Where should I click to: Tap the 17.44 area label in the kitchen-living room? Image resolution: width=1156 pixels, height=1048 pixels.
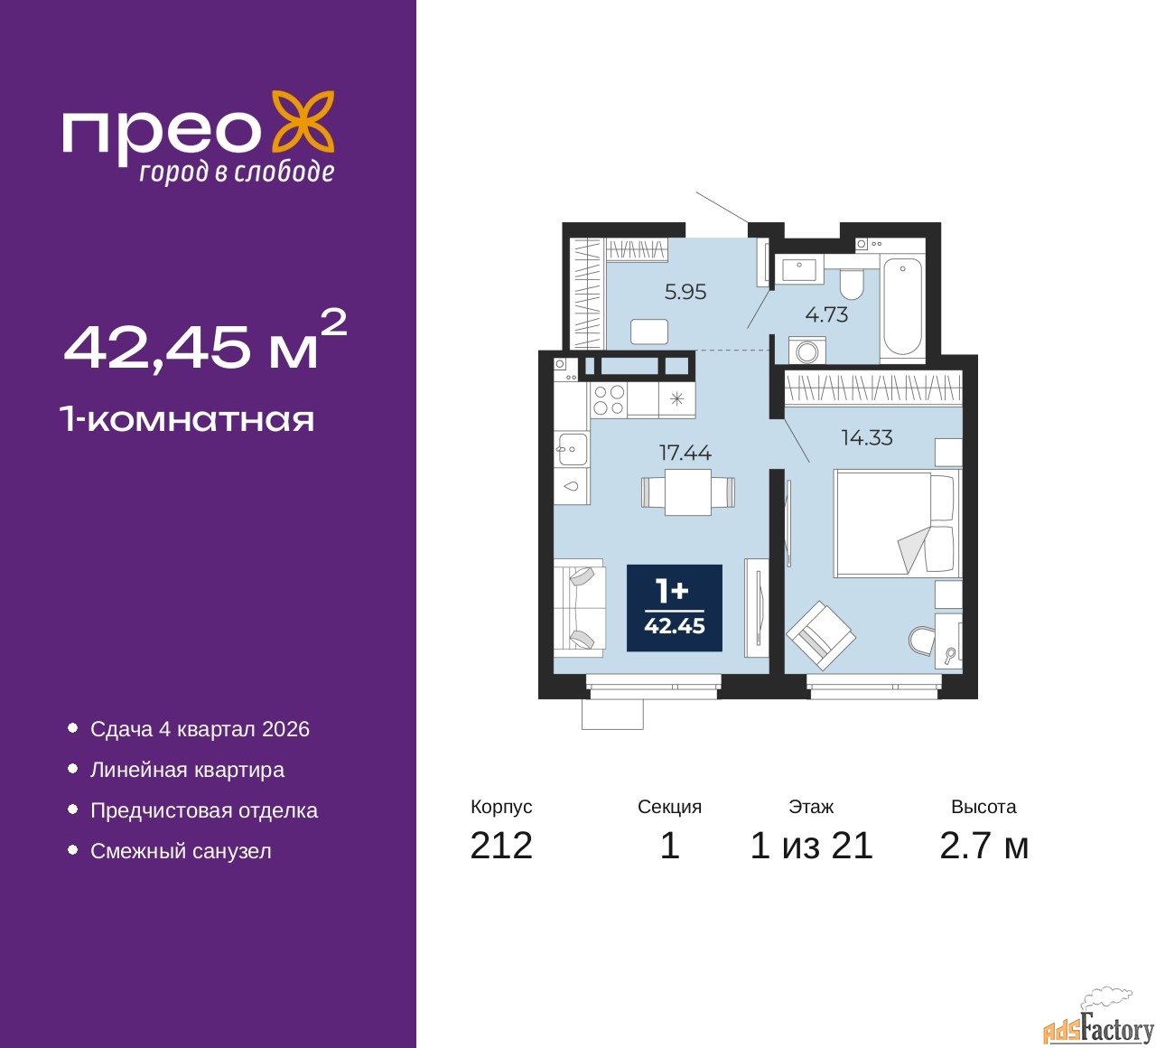click(685, 453)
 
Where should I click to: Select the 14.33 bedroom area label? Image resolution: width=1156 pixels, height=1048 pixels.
click(867, 437)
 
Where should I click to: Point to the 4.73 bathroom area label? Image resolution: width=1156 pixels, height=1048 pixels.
click(826, 314)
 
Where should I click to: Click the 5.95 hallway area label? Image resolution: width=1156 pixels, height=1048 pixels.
click(685, 292)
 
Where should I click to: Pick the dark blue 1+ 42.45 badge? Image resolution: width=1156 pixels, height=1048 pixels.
click(675, 608)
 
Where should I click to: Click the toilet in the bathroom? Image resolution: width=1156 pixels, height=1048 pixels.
click(851, 283)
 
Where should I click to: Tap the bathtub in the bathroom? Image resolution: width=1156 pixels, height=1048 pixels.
click(902, 306)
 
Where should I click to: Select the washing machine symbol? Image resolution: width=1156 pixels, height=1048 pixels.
click(806, 351)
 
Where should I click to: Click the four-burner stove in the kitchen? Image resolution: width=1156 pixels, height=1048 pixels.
click(609, 399)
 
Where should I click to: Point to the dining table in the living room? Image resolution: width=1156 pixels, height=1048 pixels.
click(687, 492)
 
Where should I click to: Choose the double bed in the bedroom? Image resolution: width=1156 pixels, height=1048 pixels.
click(897, 523)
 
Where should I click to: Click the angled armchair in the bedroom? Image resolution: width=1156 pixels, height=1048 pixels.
click(821, 635)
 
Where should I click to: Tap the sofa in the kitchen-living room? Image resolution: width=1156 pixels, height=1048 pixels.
click(580, 608)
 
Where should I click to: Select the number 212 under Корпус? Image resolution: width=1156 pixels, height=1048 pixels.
click(501, 846)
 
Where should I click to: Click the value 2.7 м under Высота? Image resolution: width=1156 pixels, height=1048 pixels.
click(984, 846)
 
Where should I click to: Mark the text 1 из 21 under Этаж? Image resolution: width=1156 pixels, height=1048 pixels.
click(811, 846)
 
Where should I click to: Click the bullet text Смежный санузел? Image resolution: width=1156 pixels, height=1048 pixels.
click(181, 851)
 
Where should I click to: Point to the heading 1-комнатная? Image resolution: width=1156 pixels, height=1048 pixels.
click(188, 420)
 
